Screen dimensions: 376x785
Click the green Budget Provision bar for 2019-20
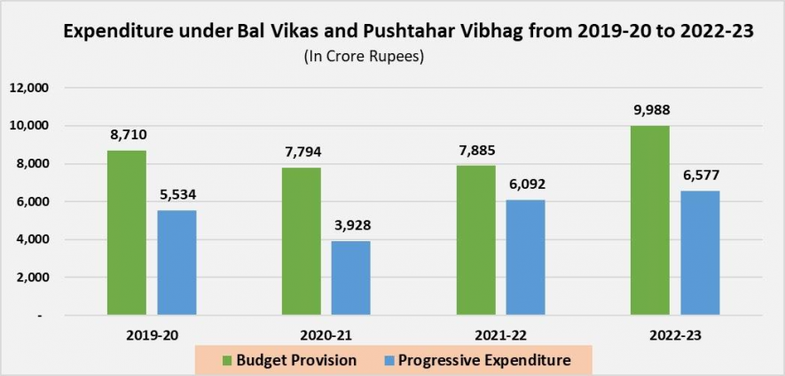(x=127, y=232)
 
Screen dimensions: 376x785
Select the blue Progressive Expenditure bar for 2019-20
(x=177, y=262)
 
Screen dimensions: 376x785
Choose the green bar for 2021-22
(x=475, y=239)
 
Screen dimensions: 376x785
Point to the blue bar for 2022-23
(x=701, y=253)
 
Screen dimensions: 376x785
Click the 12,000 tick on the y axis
(x=29, y=88)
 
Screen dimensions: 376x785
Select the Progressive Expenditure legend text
(x=483, y=360)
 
